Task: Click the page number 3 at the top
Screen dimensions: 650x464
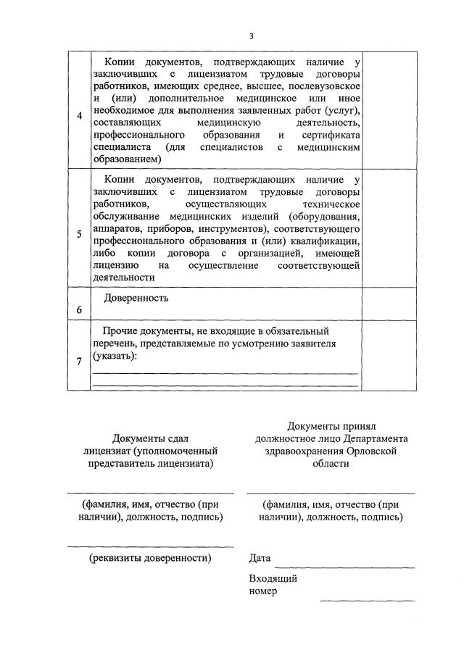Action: [x=252, y=36]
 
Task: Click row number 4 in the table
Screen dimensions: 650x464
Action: [x=78, y=117]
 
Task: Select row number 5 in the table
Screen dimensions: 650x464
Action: [x=78, y=234]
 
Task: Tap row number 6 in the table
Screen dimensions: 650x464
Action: [x=78, y=309]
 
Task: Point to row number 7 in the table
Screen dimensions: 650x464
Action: [x=78, y=362]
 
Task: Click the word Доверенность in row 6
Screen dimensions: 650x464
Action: [x=136, y=298]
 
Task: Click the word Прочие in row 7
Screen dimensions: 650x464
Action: [x=120, y=330]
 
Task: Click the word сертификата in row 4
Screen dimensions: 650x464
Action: [x=331, y=135]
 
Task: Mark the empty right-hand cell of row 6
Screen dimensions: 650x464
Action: [x=389, y=303]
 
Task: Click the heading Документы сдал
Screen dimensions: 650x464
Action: [x=150, y=438]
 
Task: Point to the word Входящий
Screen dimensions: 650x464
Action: [x=273, y=578]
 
